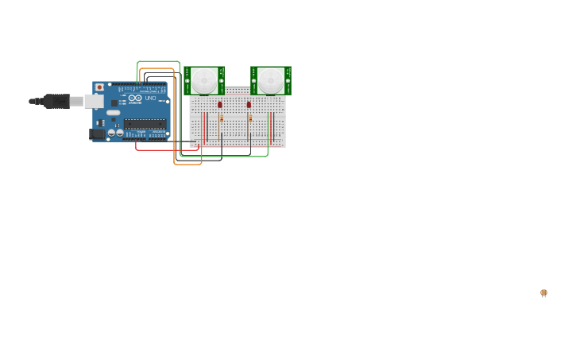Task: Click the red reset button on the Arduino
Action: [99, 87]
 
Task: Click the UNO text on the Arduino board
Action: [150, 98]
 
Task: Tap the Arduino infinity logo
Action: [135, 98]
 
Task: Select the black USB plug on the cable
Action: [56, 101]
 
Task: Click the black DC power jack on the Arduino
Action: [97, 134]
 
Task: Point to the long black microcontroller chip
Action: [145, 123]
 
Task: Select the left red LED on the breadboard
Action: [220, 104]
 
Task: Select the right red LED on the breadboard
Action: [249, 104]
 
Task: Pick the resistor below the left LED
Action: [222, 118]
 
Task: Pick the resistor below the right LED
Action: [250, 118]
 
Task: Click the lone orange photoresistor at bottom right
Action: [543, 292]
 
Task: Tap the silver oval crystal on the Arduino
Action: [114, 113]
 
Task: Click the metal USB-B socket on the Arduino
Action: [93, 101]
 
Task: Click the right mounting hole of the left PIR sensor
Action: [222, 80]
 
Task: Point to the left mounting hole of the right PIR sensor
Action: [254, 80]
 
